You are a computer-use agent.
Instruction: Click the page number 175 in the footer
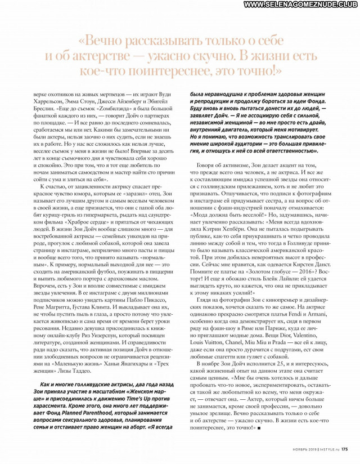pyautogui.click(x=344, y=449)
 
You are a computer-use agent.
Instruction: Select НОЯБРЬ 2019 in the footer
pyautogui.click(x=300, y=449)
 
